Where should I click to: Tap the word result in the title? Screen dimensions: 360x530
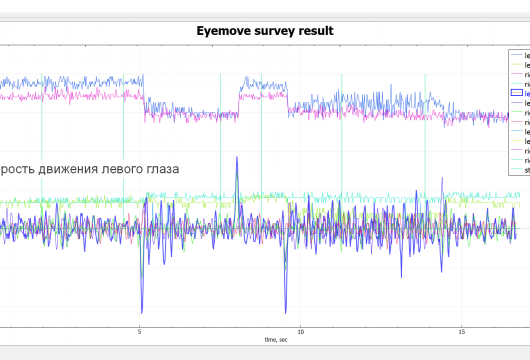(x=320, y=31)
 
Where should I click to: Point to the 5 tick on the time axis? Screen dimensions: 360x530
(x=140, y=331)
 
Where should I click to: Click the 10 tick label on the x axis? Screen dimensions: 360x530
(x=300, y=331)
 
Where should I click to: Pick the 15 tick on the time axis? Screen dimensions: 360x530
(x=461, y=331)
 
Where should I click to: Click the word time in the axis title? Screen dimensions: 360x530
(x=270, y=340)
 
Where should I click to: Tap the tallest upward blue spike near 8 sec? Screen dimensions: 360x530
(x=237, y=160)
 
